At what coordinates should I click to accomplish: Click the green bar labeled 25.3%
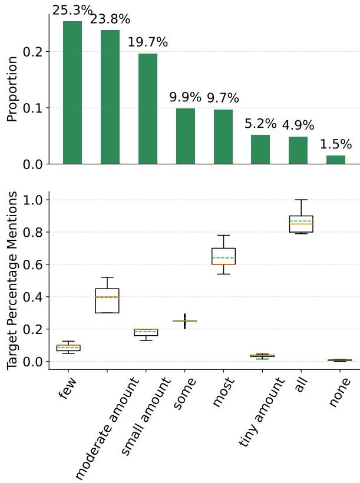72,92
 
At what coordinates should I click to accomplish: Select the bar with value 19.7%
148,108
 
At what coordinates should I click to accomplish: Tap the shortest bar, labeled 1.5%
336,160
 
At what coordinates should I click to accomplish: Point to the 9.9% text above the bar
185,97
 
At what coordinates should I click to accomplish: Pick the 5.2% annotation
260,124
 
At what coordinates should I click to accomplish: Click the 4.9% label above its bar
298,125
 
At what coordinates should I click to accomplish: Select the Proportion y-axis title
12,89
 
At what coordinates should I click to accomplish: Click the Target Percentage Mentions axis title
12,280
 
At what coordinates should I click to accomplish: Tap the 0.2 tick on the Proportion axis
33,52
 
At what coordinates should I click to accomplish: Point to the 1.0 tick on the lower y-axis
33,200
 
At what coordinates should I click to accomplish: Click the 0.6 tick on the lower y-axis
33,265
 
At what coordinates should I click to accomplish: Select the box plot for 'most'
223,256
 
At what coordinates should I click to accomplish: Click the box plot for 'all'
301,224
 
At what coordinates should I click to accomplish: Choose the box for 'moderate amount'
107,300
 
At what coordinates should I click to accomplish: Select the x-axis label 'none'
339,392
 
